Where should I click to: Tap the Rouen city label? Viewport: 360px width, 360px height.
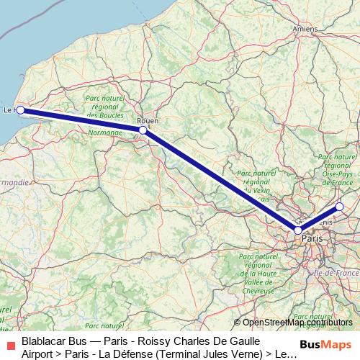147,121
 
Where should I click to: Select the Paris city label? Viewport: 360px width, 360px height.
312,238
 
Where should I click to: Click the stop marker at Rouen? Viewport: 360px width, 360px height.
143,130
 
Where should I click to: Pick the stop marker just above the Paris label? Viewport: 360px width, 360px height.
297,230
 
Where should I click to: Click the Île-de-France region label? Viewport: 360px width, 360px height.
338,274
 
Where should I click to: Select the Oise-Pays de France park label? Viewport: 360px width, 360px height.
338,174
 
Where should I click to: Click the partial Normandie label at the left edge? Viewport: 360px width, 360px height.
13,183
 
